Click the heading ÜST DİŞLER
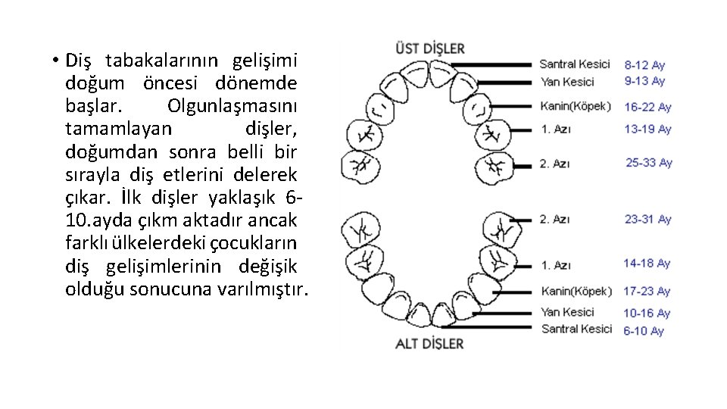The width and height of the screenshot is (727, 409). (x=429, y=48)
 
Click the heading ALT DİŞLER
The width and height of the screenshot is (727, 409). (x=429, y=344)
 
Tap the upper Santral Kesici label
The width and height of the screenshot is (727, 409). (x=574, y=64)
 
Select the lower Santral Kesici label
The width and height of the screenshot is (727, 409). (x=576, y=329)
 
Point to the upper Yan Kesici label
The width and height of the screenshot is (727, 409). (x=567, y=82)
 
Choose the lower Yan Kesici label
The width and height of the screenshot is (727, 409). (x=567, y=312)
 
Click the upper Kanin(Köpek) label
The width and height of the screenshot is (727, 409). (x=576, y=106)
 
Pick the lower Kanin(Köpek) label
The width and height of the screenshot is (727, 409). (x=576, y=292)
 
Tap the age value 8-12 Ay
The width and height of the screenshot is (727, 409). (x=644, y=65)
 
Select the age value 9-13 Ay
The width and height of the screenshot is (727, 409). (x=644, y=81)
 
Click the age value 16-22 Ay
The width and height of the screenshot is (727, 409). (x=647, y=107)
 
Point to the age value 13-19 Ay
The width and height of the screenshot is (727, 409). (x=647, y=130)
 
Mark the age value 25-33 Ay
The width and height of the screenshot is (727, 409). (x=649, y=163)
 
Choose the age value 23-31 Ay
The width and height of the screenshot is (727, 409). (x=647, y=220)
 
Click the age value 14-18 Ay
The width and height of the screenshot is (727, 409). (x=647, y=264)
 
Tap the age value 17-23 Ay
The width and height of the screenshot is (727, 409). (x=647, y=292)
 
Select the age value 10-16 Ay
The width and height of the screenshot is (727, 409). (x=647, y=314)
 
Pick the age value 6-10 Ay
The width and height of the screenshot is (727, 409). (x=644, y=331)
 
